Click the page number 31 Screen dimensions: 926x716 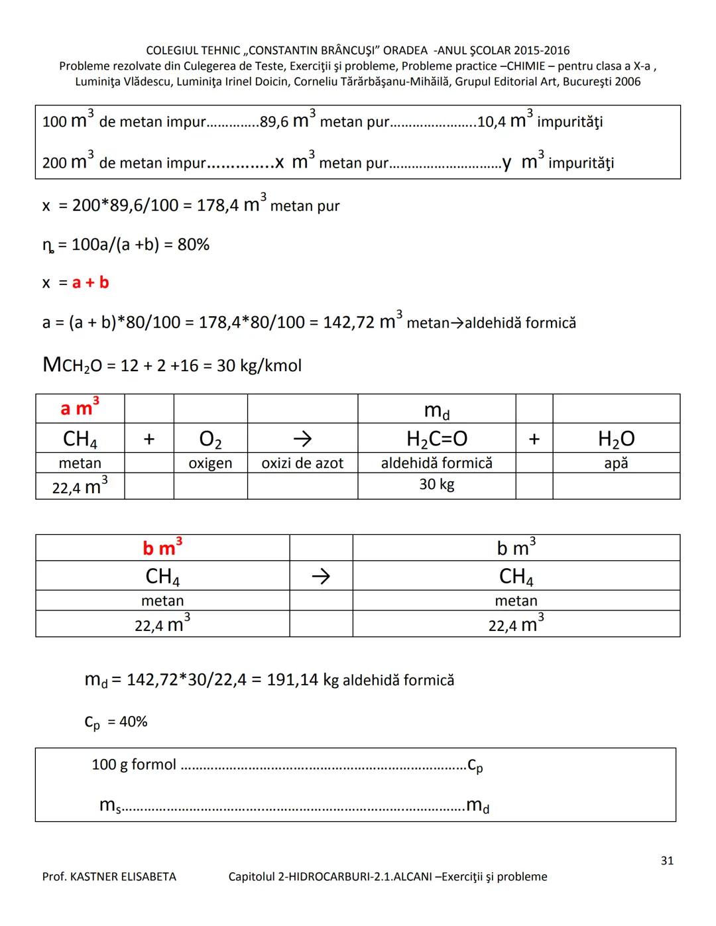[667, 860]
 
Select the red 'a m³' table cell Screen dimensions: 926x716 [80, 408]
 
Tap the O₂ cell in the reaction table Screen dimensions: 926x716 [210, 439]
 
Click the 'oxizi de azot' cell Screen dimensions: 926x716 [302, 463]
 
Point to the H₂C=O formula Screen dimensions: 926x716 [436, 439]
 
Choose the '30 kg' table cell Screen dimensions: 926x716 [436, 485]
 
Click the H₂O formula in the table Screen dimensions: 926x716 [616, 439]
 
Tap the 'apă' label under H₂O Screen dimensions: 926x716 [616, 463]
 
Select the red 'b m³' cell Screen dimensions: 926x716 [162, 548]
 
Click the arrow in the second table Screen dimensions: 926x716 [321, 577]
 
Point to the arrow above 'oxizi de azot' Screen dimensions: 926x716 [302, 439]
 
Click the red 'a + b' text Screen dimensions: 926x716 [90, 282]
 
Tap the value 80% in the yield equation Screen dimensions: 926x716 [194, 245]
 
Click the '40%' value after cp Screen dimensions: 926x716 [133, 722]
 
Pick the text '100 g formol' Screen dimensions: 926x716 [134, 764]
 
